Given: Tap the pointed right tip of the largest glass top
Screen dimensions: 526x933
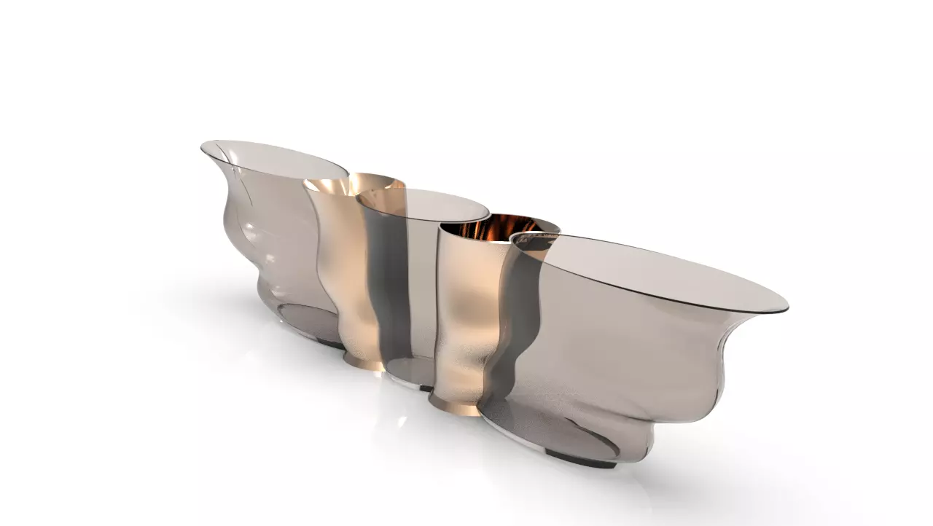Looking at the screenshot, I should (x=786, y=308).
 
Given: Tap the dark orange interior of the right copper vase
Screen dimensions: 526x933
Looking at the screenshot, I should (x=503, y=227).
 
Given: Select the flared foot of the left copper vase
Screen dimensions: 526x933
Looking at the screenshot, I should (x=364, y=361).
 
